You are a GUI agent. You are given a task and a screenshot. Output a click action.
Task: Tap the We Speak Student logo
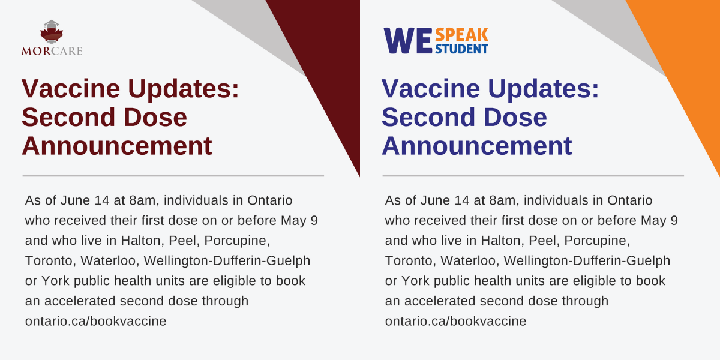point(436,41)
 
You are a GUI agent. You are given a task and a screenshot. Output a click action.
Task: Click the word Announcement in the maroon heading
point(117,146)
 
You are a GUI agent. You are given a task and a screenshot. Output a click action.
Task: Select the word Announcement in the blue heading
point(477,146)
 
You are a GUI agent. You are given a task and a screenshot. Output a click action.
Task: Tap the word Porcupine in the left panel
point(238,241)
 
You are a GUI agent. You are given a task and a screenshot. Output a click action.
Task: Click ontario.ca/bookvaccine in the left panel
point(95,321)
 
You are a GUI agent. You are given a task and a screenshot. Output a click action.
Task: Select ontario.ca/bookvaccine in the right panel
point(455,321)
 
